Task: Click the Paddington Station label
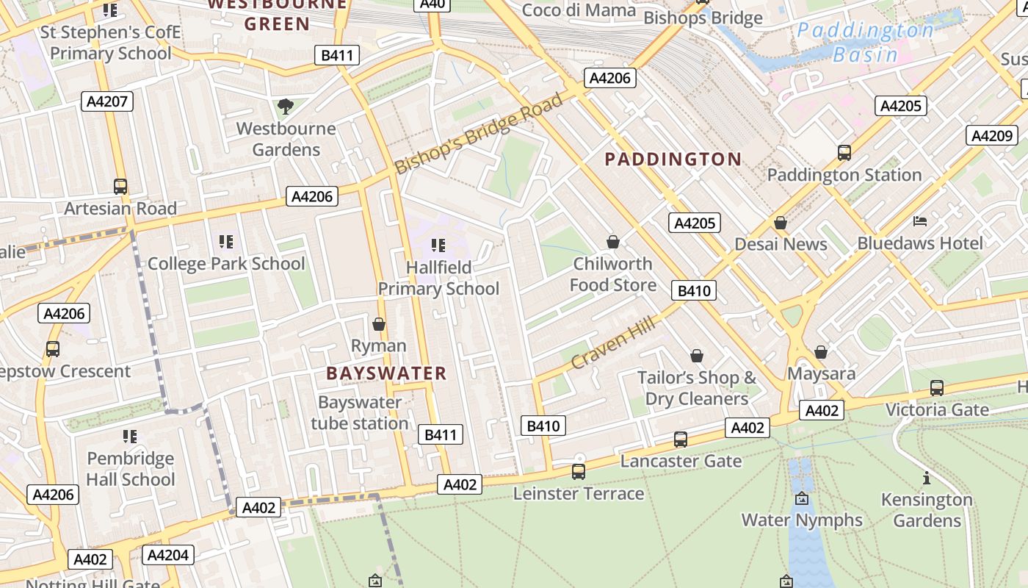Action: point(844,175)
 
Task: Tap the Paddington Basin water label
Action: point(865,43)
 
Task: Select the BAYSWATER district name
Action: point(386,373)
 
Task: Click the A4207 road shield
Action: point(106,101)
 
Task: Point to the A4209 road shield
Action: point(992,135)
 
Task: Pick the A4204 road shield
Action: point(168,555)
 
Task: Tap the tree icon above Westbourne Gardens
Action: point(286,107)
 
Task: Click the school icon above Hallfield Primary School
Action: point(438,245)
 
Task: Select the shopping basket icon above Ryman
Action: point(379,323)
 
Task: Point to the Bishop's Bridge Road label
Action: point(479,132)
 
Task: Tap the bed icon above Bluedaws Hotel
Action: point(920,220)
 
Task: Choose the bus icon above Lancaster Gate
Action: point(681,440)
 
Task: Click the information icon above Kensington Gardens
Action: point(927,478)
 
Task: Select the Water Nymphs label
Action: point(802,520)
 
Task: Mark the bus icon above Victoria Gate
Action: point(936,387)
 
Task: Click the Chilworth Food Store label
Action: point(612,274)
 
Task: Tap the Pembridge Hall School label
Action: point(131,469)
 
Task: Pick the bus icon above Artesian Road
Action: point(120,187)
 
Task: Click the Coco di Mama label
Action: point(579,10)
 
